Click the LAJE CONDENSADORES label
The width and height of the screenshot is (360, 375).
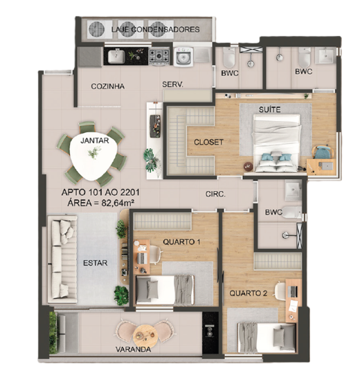pyautogui.click(x=155, y=30)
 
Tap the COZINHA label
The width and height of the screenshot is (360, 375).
pyautogui.click(x=107, y=86)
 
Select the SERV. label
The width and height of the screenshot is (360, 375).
pyautogui.click(x=172, y=84)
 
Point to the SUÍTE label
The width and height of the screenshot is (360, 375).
pyautogui.click(x=270, y=110)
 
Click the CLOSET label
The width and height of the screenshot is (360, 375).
pyautogui.click(x=208, y=142)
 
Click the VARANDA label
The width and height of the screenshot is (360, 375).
pyautogui.click(x=134, y=349)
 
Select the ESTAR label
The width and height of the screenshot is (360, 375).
pyautogui.click(x=95, y=263)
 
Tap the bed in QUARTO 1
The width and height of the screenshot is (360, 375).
pyautogui.click(x=165, y=289)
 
